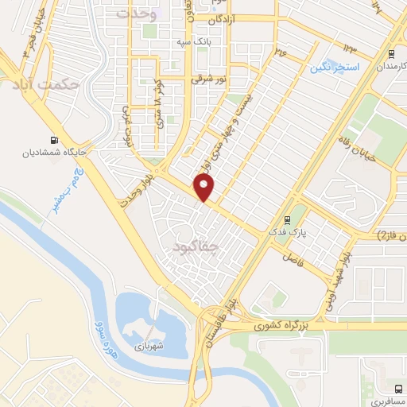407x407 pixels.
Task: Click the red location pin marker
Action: point(205,188)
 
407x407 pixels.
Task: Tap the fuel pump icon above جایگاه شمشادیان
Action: point(53,135)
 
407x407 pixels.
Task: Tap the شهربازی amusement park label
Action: point(148,347)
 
